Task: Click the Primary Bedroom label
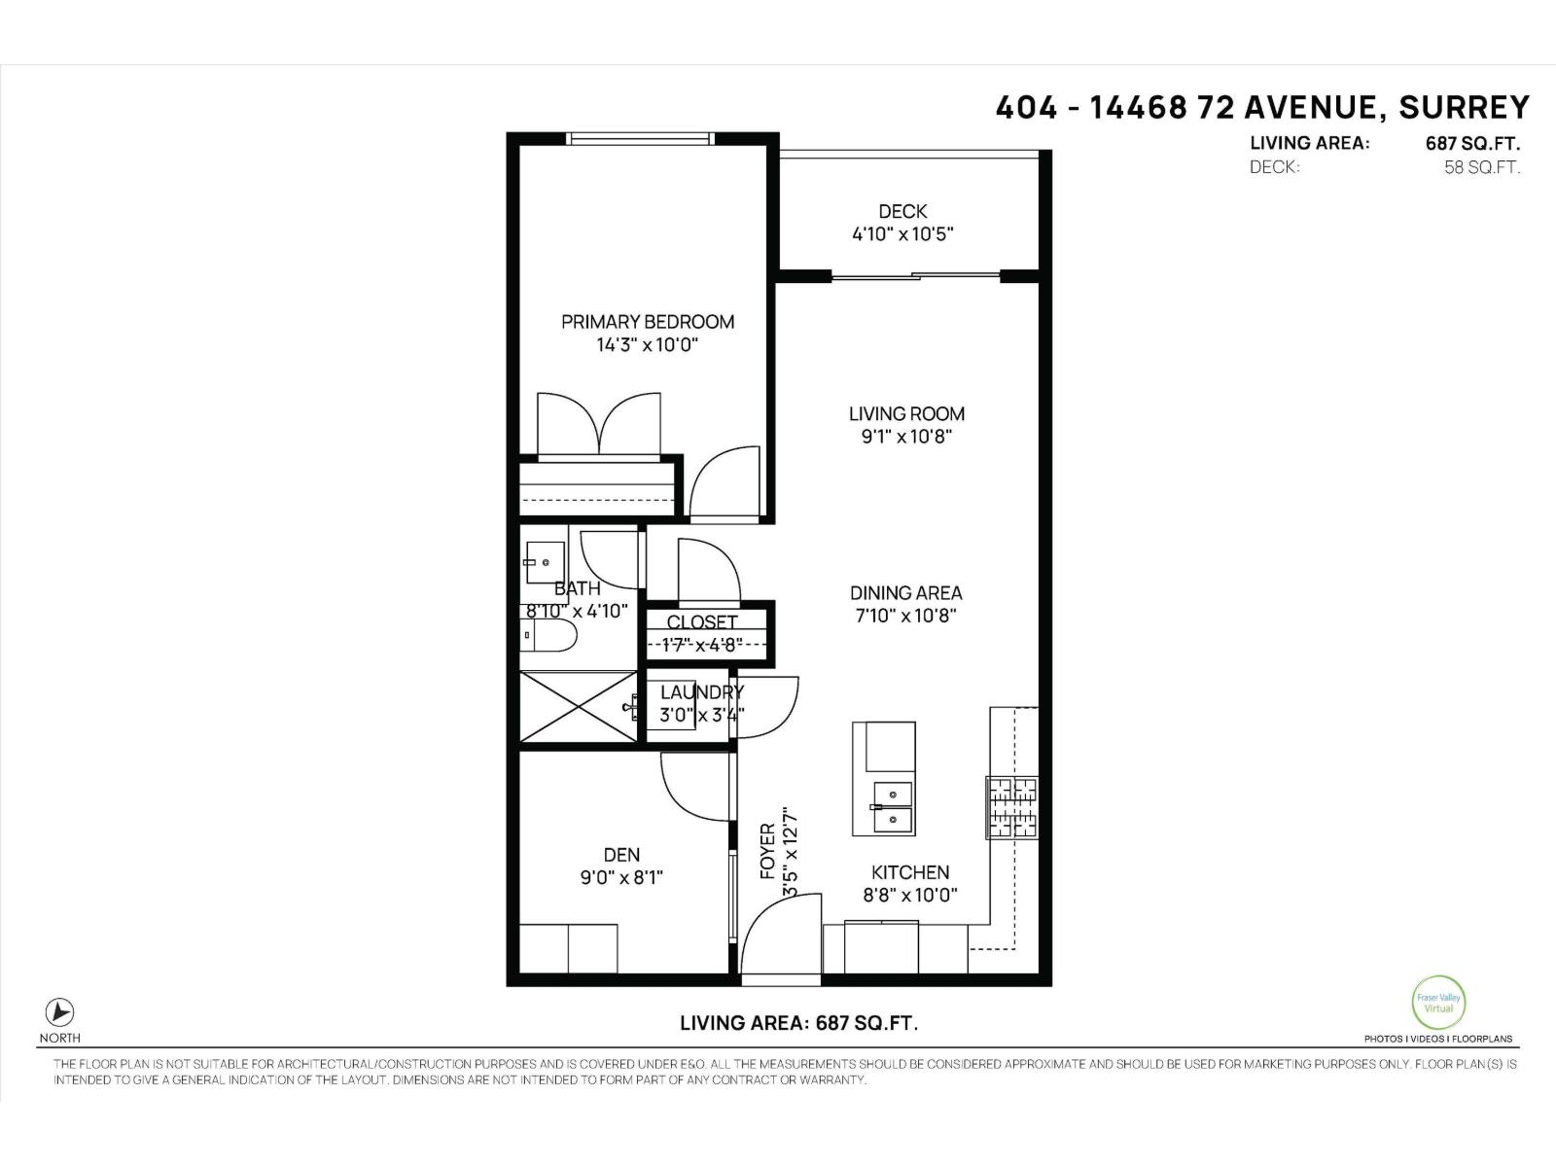pos(648,322)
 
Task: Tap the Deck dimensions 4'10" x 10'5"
pos(902,234)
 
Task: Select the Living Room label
pos(906,414)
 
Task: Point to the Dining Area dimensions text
pos(906,616)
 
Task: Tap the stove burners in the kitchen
pos(1012,807)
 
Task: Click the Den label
pos(621,855)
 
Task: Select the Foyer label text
pos(767,852)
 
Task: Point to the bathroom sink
pos(545,562)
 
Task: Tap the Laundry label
pos(701,692)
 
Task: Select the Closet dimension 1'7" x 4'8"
pos(702,644)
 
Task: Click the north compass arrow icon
pos(60,1011)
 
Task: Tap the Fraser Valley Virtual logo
pos(1437,1003)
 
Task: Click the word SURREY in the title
pos(1464,107)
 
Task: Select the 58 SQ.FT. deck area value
pos(1481,167)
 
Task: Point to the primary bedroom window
pos(642,139)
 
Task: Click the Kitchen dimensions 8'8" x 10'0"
pos(909,896)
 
